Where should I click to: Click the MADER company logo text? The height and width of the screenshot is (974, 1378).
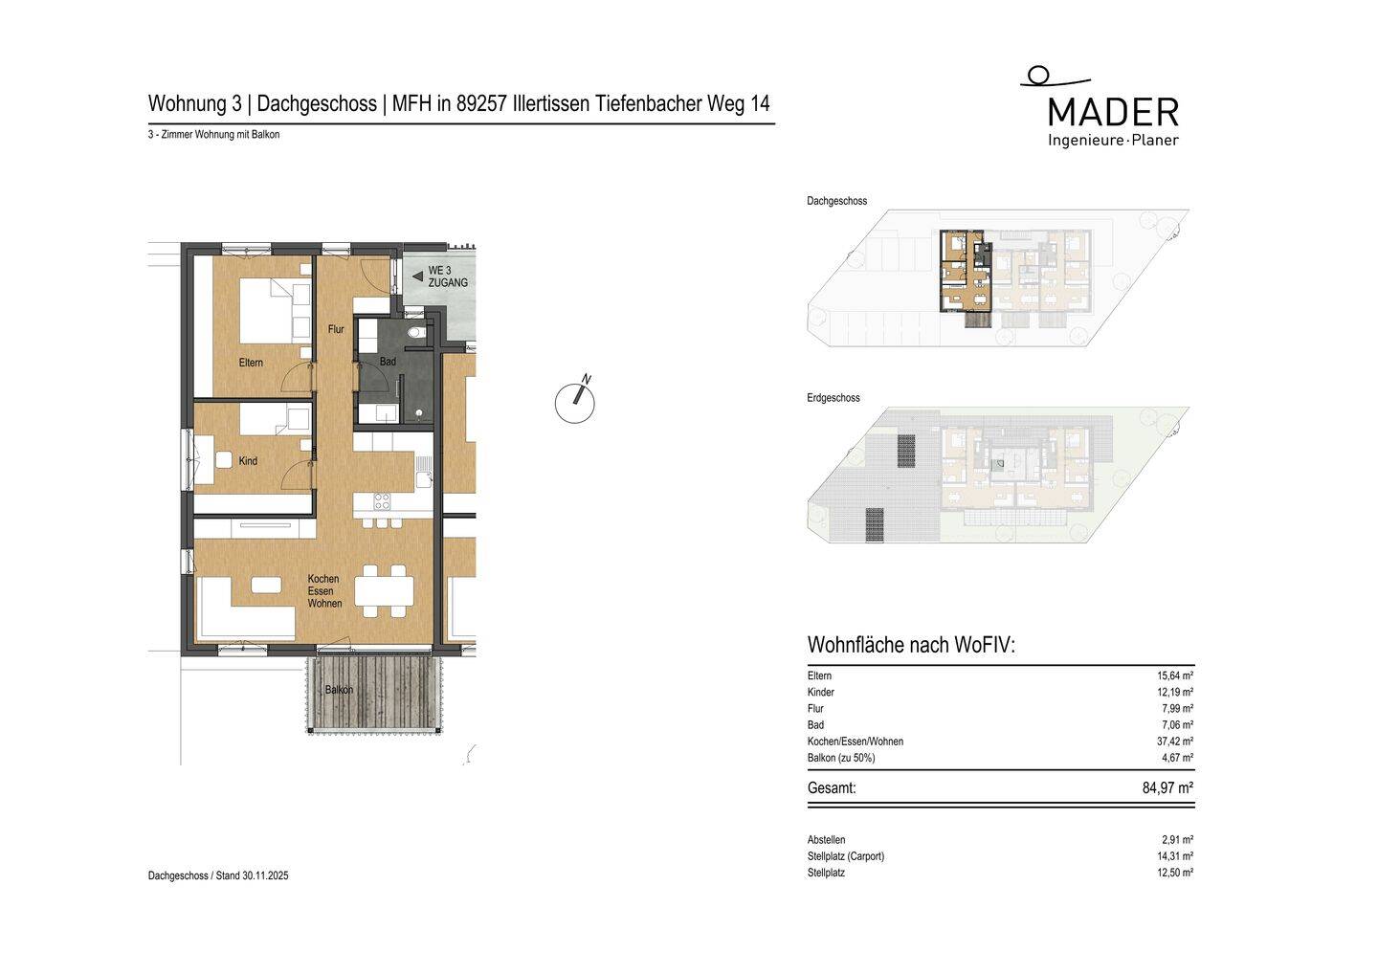[1113, 112]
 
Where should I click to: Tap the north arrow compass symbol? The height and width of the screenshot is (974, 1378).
[575, 402]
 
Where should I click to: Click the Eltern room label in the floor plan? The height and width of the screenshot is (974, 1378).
[251, 363]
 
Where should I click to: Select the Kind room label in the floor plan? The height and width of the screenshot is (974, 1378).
[248, 461]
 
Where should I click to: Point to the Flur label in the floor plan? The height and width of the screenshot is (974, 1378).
[336, 329]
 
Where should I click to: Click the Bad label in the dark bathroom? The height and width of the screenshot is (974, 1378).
[388, 362]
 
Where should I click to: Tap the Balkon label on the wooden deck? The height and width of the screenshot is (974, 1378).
[339, 690]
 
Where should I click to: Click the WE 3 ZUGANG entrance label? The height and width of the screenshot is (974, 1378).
[447, 277]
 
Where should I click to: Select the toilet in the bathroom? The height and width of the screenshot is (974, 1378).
[416, 332]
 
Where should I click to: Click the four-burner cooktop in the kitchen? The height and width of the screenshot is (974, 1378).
[382, 500]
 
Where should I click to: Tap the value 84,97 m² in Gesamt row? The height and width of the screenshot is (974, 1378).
[1167, 788]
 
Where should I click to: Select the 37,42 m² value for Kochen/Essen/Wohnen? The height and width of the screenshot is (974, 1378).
[1174, 742]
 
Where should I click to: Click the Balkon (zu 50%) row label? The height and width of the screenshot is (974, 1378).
[841, 758]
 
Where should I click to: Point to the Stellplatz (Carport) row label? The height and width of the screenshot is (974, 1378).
[846, 856]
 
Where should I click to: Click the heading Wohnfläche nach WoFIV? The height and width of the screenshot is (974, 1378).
[911, 645]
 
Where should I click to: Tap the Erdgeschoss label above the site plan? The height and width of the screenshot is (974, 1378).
[833, 398]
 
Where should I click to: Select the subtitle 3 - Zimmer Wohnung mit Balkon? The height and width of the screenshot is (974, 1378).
[213, 135]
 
